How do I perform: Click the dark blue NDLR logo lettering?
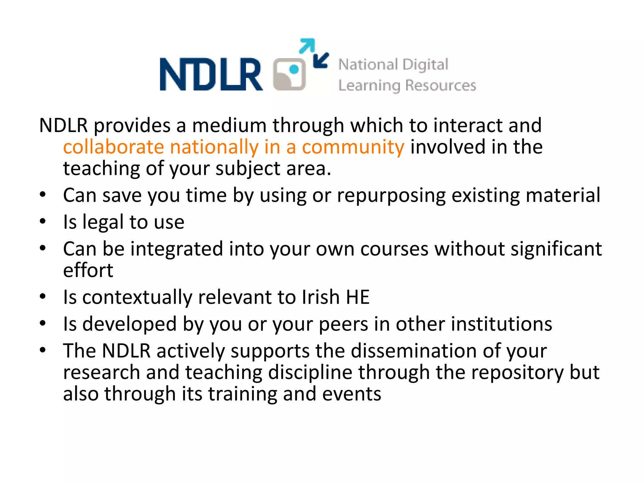tap(211, 75)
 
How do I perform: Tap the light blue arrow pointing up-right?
tap(307, 46)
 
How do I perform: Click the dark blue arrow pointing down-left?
tap(321, 60)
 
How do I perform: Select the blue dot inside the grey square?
tap(294, 69)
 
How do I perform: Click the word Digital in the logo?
tap(425, 65)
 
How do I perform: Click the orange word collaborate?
tap(114, 147)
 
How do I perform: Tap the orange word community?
tap(353, 147)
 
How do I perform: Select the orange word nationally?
tap(214, 147)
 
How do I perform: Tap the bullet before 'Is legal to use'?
tap(43, 221)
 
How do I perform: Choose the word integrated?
tap(177, 249)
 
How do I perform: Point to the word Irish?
tap(320, 297)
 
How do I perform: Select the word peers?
tap(343, 325)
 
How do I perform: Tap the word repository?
tap(518, 373)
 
